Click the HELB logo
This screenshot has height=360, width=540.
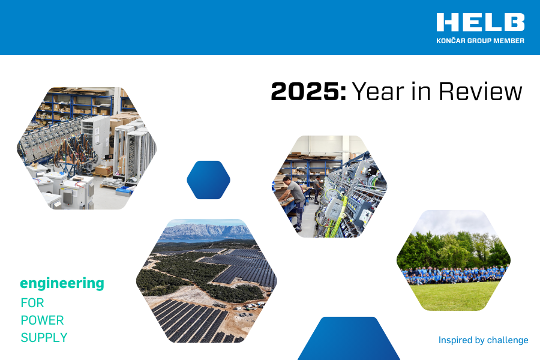pyautogui.click(x=481, y=22)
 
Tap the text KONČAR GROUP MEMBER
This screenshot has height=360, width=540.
pyautogui.click(x=481, y=41)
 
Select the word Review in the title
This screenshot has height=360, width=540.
pyautogui.click(x=481, y=92)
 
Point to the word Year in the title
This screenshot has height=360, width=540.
pyautogui.click(x=378, y=92)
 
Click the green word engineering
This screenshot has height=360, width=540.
pyautogui.click(x=62, y=284)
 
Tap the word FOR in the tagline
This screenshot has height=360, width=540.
pyautogui.click(x=32, y=303)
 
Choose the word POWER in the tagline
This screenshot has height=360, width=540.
pyautogui.click(x=43, y=320)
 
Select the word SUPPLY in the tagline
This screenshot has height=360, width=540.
pyautogui.click(x=44, y=338)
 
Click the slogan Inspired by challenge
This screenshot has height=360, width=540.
pyautogui.click(x=483, y=340)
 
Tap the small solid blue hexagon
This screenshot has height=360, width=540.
pyautogui.click(x=208, y=180)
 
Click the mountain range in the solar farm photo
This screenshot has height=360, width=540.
pyautogui.click(x=206, y=232)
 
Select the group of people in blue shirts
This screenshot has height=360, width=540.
pyautogui.click(x=455, y=275)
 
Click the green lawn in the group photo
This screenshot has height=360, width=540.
pyautogui.click(x=454, y=296)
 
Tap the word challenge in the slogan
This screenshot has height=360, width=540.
pyautogui.click(x=508, y=340)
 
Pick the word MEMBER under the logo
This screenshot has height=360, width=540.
pyautogui.click(x=509, y=41)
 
